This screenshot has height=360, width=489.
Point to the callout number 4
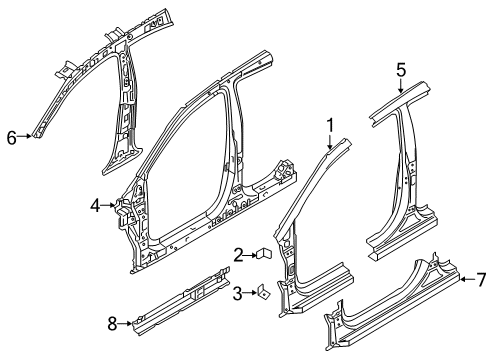95,206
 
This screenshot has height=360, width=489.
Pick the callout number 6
12,138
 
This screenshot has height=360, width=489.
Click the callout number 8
112,321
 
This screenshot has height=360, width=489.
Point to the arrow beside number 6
26,138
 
